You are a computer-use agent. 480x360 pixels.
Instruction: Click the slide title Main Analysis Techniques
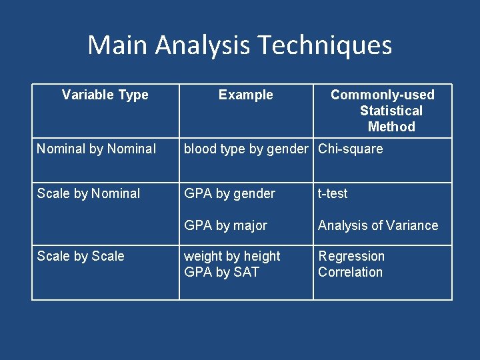tap(239, 45)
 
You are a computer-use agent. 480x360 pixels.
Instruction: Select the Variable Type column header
tap(105, 95)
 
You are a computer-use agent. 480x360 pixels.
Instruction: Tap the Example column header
tap(245, 95)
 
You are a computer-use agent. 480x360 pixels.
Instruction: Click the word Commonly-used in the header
tap(382, 95)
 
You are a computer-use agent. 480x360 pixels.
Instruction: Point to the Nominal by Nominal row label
tap(97, 149)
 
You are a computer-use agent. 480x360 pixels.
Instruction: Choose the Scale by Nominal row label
tap(89, 193)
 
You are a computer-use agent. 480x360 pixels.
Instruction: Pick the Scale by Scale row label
tap(81, 256)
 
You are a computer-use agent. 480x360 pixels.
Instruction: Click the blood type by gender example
tap(246, 149)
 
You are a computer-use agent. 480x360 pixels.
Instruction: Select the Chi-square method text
tap(351, 149)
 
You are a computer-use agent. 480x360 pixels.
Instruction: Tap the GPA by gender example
tap(229, 193)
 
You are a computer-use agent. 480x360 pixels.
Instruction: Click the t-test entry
tap(333, 193)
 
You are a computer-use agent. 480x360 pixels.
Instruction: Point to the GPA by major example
tap(225, 225)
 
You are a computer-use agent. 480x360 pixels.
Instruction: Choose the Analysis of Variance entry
tap(378, 225)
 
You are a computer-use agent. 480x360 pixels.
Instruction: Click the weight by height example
tap(232, 256)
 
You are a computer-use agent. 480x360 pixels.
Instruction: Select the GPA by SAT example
tap(221, 272)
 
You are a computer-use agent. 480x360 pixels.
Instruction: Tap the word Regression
tap(351, 256)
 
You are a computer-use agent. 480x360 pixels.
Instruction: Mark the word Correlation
tap(350, 272)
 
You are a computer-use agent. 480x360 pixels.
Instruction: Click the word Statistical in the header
tap(391, 111)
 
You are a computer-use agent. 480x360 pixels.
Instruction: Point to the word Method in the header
tap(391, 127)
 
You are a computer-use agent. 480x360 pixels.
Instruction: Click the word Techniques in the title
tap(324, 45)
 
